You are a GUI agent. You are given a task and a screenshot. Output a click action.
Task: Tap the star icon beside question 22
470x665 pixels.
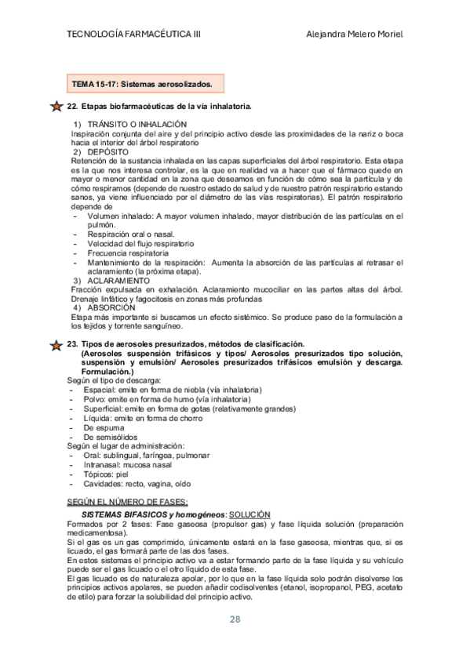coord(56,105)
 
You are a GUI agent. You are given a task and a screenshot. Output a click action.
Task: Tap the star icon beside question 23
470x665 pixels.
coord(56,344)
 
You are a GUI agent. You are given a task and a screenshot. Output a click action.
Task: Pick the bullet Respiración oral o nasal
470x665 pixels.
coord(131,234)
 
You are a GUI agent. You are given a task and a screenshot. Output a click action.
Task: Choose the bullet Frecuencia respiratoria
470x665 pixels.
coord(128,253)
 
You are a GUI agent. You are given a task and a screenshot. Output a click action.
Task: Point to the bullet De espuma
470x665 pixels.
coord(103,427)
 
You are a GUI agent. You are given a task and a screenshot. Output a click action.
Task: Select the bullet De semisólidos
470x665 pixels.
coord(110,437)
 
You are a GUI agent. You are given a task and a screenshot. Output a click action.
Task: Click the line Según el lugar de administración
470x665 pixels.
coord(129,446)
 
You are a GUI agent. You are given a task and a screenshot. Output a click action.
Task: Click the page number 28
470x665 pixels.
coord(235,619)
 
